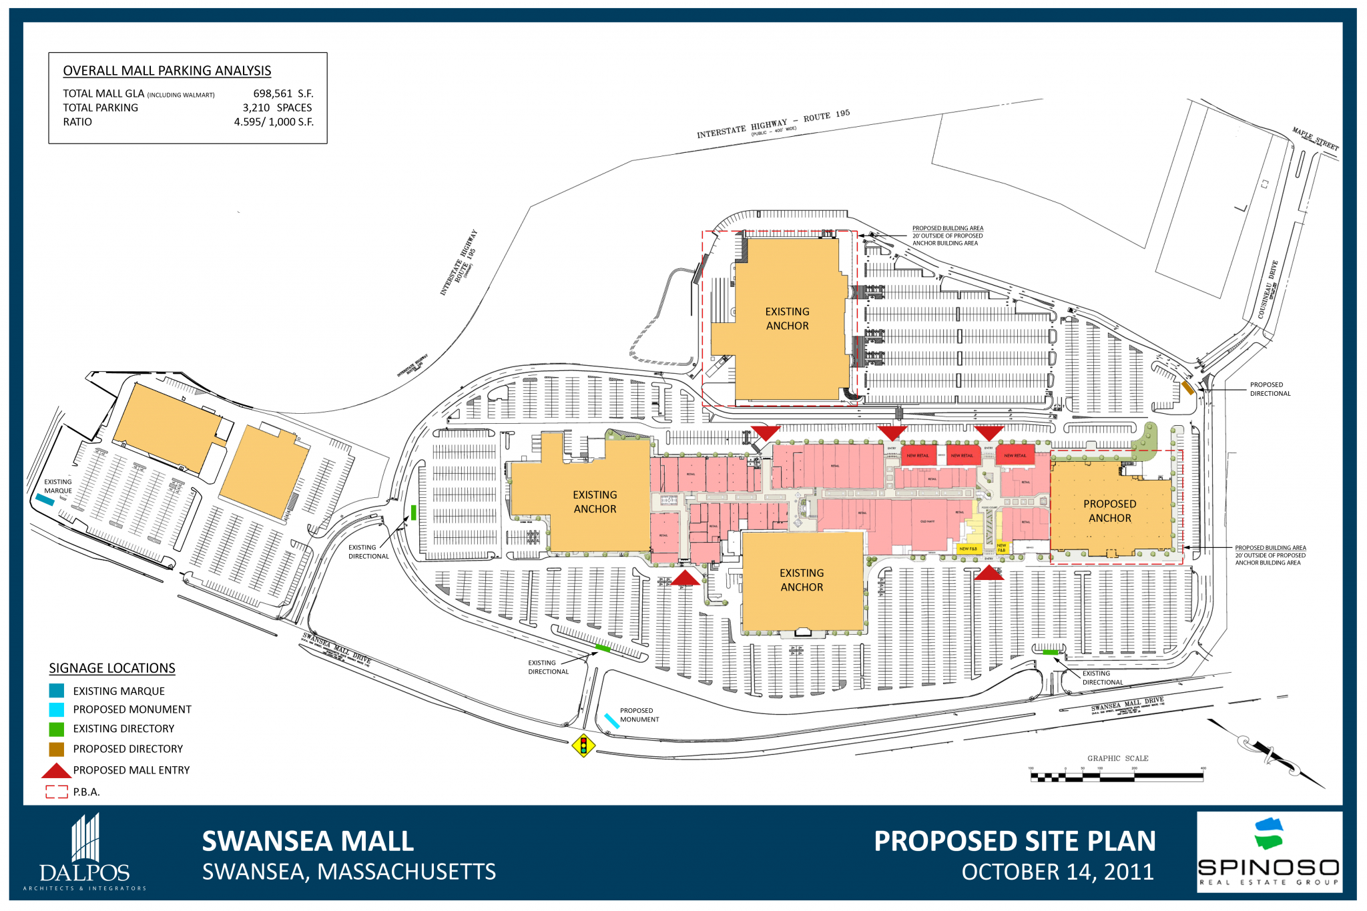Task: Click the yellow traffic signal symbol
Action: pyautogui.click(x=583, y=745)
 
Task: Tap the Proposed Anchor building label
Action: pyautogui.click(x=1109, y=511)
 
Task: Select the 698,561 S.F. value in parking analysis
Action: pyautogui.click(x=283, y=93)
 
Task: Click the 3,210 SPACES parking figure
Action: pyautogui.click(x=277, y=107)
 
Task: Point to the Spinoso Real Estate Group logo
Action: pyautogui.click(x=1269, y=852)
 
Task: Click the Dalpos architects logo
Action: pyautogui.click(x=85, y=852)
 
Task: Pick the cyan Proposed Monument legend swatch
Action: pyautogui.click(x=57, y=709)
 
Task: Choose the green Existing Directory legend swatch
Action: pyautogui.click(x=57, y=729)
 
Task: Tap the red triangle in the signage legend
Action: pyautogui.click(x=57, y=771)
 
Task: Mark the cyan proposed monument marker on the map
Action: pyautogui.click(x=611, y=721)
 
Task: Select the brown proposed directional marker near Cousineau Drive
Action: pyautogui.click(x=1188, y=388)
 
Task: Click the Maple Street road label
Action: pyautogui.click(x=1315, y=139)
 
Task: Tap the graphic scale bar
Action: pyautogui.click(x=1117, y=777)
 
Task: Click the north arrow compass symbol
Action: pyautogui.click(x=1266, y=753)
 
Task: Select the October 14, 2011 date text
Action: pyautogui.click(x=1057, y=872)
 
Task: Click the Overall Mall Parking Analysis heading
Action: pyautogui.click(x=167, y=71)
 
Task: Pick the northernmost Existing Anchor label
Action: pyautogui.click(x=787, y=318)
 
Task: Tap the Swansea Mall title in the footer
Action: pyautogui.click(x=308, y=841)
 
